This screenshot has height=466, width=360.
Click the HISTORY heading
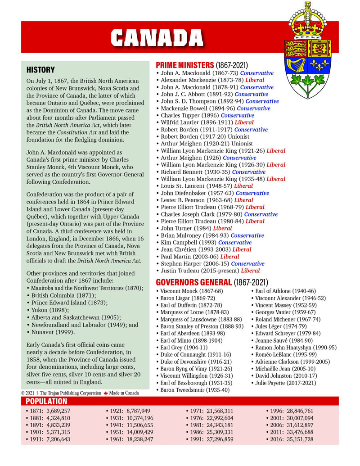[x=40, y=70]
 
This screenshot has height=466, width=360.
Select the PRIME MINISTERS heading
[x=184, y=65]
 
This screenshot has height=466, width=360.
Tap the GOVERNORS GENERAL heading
[x=193, y=283]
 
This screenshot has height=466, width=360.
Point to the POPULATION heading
[x=46, y=401]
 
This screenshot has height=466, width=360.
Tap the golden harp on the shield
[x=297, y=64]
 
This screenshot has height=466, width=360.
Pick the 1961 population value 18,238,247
[x=135, y=439]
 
